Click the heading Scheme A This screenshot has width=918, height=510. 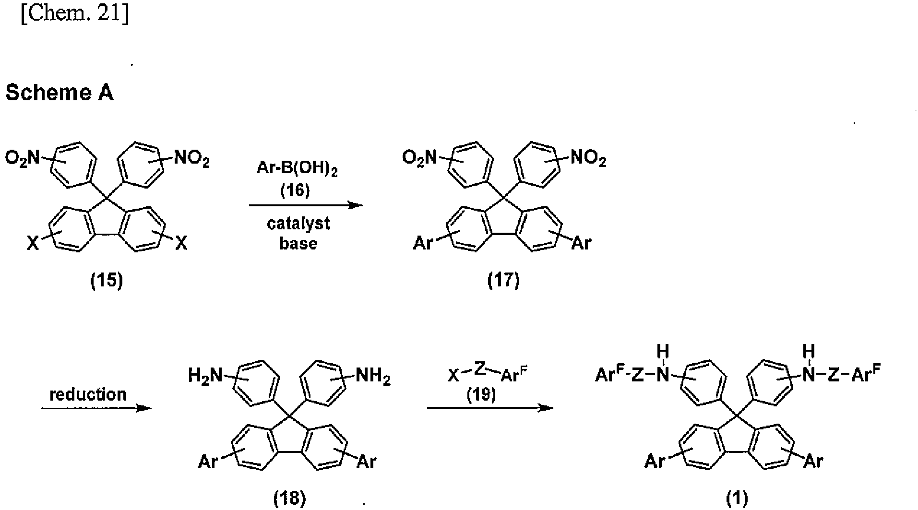tap(59, 93)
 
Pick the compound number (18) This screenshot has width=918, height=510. tap(289, 499)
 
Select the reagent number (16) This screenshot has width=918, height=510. tap(295, 190)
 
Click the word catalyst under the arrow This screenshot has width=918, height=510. tap(298, 224)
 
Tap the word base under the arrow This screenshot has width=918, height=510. tap(298, 243)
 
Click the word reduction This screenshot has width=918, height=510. tap(88, 394)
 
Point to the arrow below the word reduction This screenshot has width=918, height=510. tap(96, 408)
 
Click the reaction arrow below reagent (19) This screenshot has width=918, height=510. tap(490, 408)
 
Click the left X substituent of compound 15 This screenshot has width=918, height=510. tap(32, 244)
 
